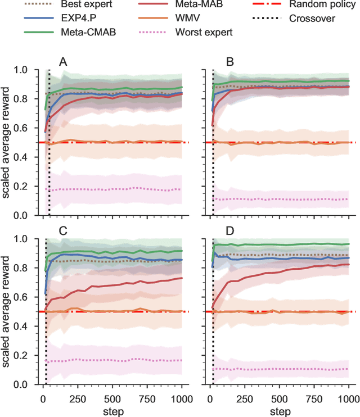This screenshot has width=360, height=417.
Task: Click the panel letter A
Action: tap(64, 62)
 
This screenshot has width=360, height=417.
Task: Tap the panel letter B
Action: tap(230, 62)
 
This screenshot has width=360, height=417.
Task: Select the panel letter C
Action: tap(64, 231)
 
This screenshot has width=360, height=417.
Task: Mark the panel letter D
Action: tap(230, 231)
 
